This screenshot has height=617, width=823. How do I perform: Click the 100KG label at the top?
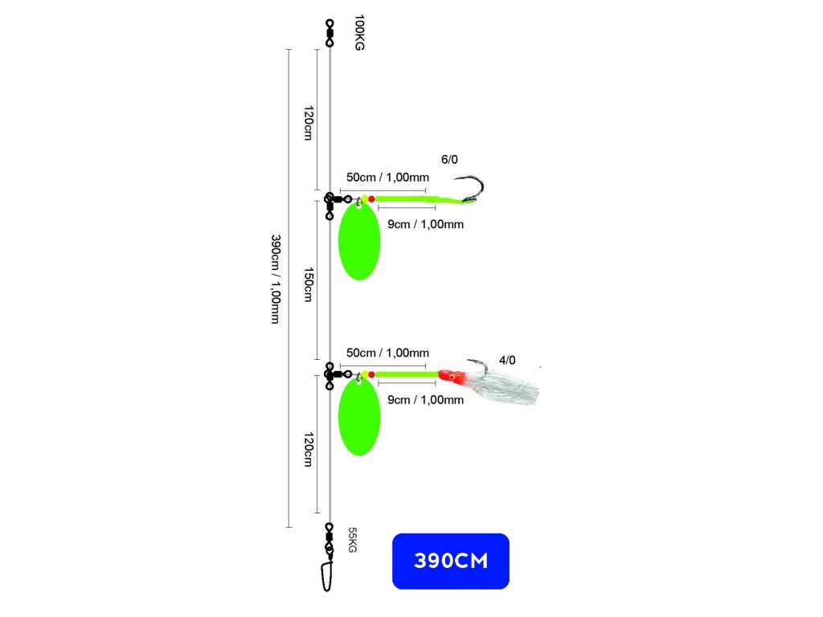tap(359, 32)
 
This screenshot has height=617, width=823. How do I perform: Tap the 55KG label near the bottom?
tap(352, 540)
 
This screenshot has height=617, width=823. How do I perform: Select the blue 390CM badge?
tap(450, 561)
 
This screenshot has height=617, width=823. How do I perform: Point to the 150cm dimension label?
tap(309, 285)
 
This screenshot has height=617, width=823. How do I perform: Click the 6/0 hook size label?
tap(449, 160)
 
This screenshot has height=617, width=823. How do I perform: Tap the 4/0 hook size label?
tap(507, 361)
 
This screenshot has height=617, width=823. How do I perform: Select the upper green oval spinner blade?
tap(359, 241)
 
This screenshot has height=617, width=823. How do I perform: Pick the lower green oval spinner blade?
tap(359, 417)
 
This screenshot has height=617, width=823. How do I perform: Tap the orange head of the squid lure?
tap(452, 376)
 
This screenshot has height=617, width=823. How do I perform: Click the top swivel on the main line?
tap(330, 32)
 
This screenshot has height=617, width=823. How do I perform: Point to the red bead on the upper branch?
tap(371, 199)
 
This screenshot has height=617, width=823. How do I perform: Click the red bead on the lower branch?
tap(371, 374)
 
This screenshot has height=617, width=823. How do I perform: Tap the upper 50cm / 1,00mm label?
tap(388, 178)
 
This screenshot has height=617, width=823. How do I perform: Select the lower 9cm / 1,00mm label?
tap(426, 400)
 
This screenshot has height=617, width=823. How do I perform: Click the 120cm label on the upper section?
tap(309, 123)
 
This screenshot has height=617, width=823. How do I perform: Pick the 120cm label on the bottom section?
tap(309, 450)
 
